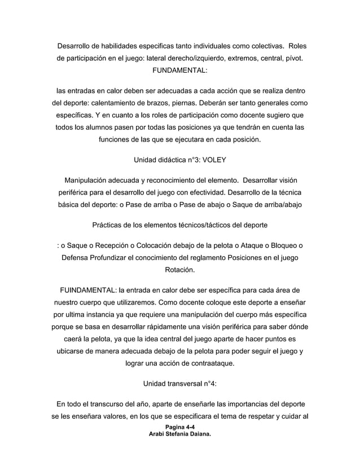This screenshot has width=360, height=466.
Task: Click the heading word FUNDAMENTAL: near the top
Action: click(x=179, y=72)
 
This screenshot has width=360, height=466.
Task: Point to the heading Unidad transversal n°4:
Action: click(x=179, y=384)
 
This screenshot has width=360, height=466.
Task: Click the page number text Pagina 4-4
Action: click(x=179, y=428)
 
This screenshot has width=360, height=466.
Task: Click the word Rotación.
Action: click(x=179, y=270)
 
